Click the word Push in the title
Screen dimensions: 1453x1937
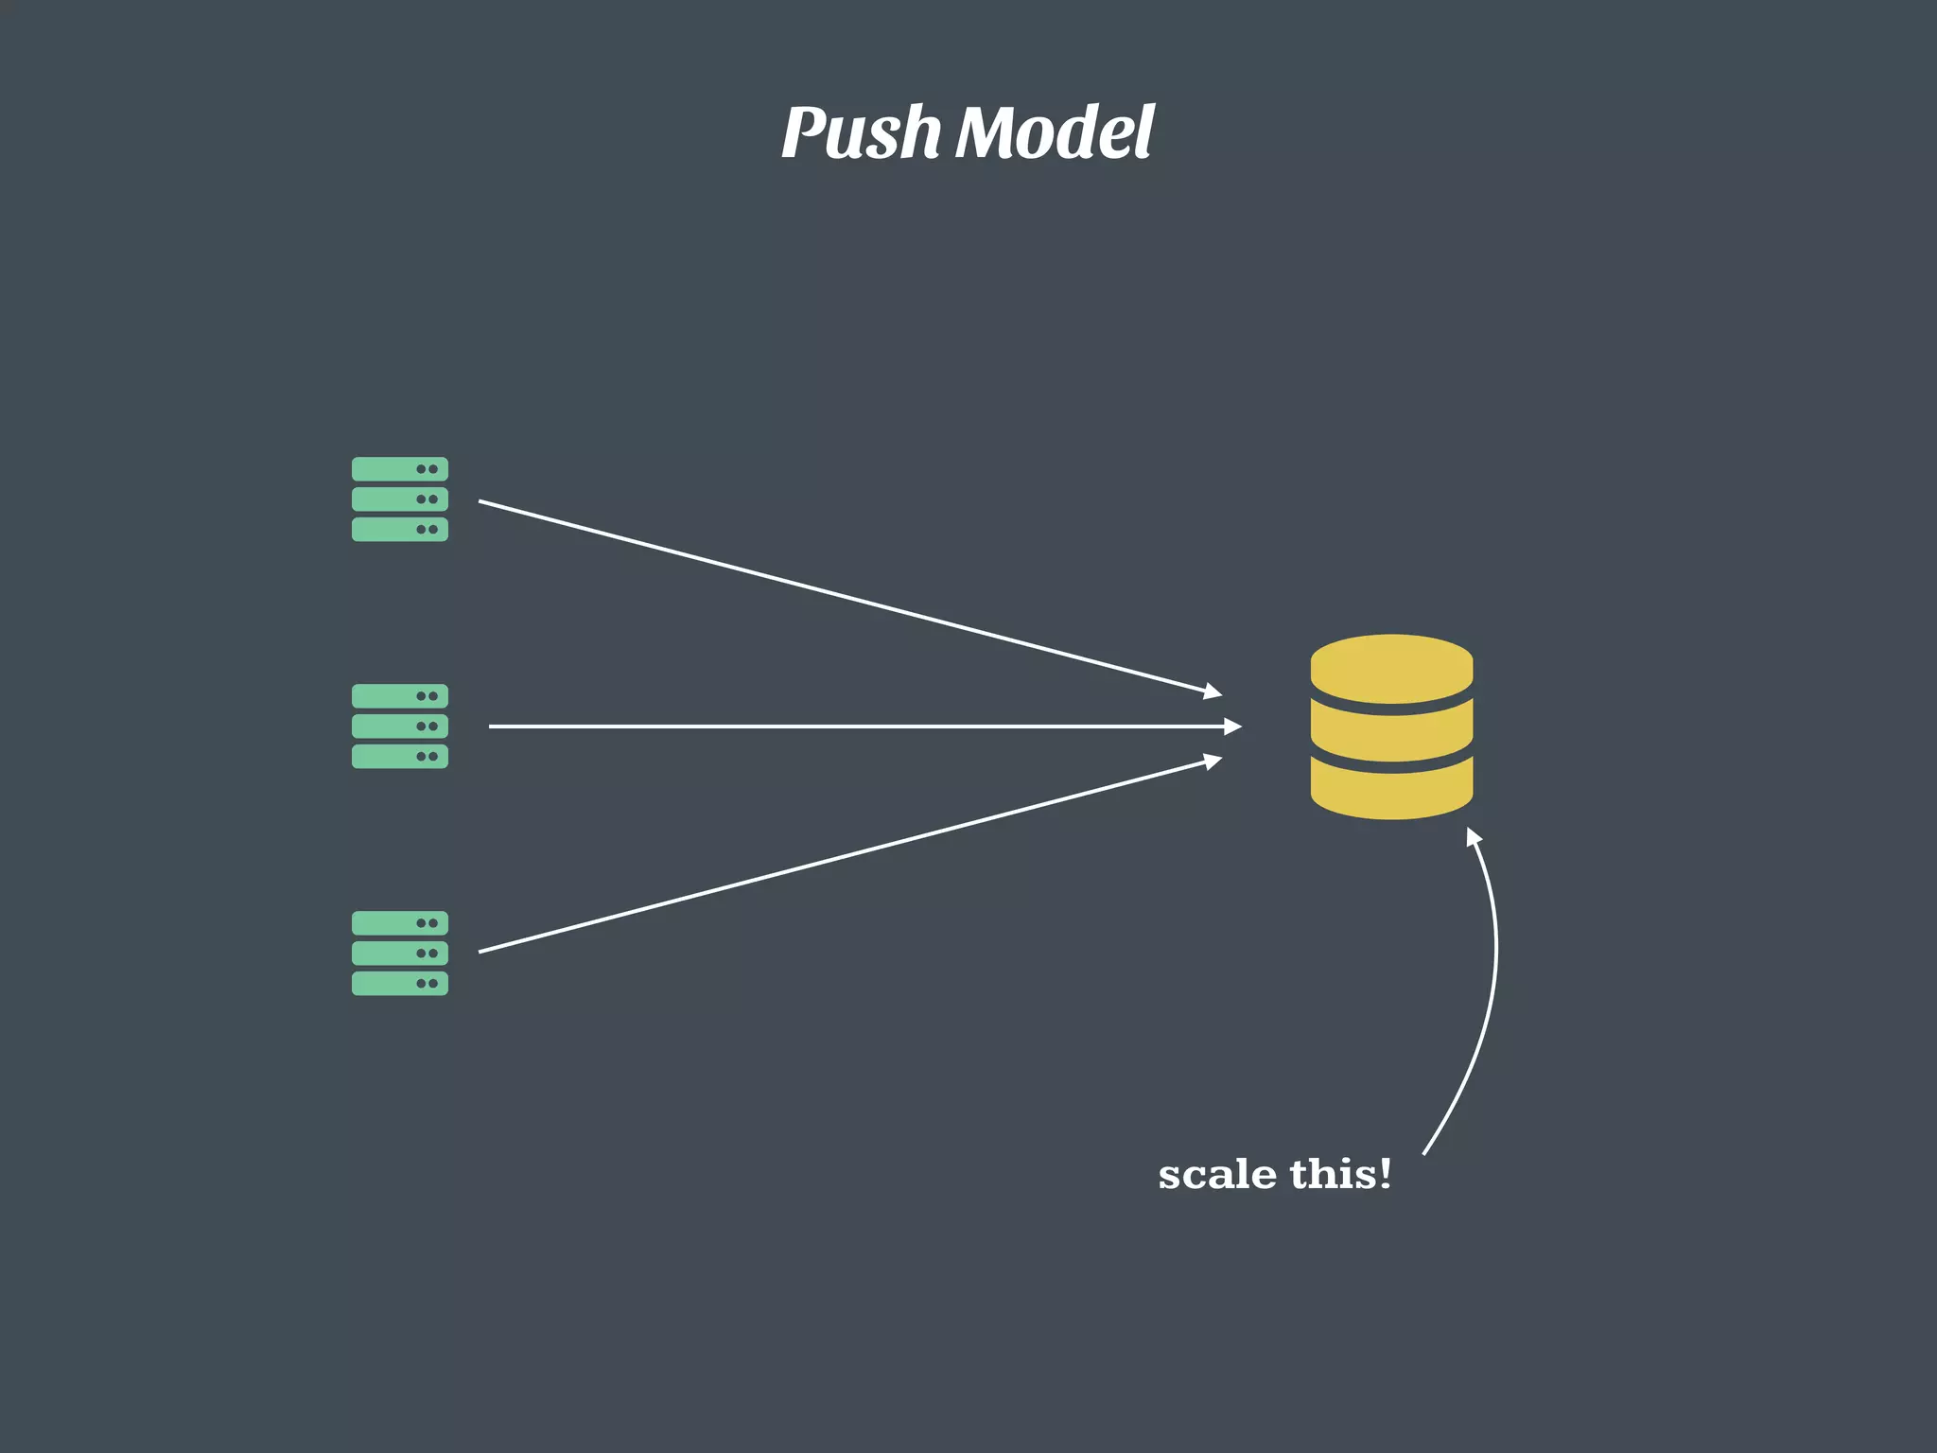861,132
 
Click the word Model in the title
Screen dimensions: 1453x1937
1055,132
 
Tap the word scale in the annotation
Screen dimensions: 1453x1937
1217,1175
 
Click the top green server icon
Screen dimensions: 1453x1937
400,499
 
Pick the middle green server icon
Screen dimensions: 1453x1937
400,726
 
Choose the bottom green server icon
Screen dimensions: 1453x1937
400,953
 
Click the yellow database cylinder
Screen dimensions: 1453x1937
1391,726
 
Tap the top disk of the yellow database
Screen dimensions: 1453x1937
1391,667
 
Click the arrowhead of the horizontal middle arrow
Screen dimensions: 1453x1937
1232,726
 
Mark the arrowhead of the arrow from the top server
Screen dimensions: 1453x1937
1213,692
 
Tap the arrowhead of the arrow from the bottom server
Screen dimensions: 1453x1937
1213,761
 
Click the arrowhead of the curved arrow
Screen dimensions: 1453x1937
1473,836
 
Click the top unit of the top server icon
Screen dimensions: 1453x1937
400,469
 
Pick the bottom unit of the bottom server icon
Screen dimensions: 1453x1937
400,983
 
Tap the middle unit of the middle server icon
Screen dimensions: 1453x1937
400,726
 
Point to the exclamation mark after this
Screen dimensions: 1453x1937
1385,1173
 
